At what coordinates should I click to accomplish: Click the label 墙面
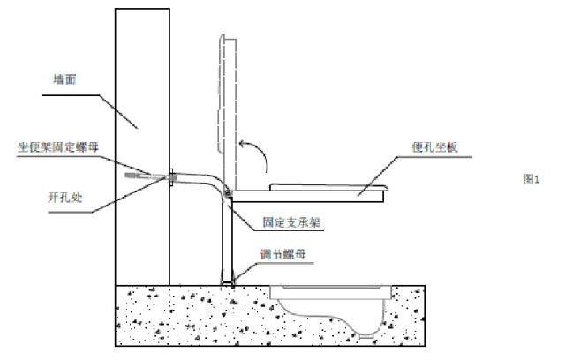pyautogui.click(x=64, y=79)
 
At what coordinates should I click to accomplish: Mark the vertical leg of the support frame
pyautogui.click(x=228, y=238)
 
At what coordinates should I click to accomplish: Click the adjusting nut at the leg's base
pyautogui.click(x=229, y=280)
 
